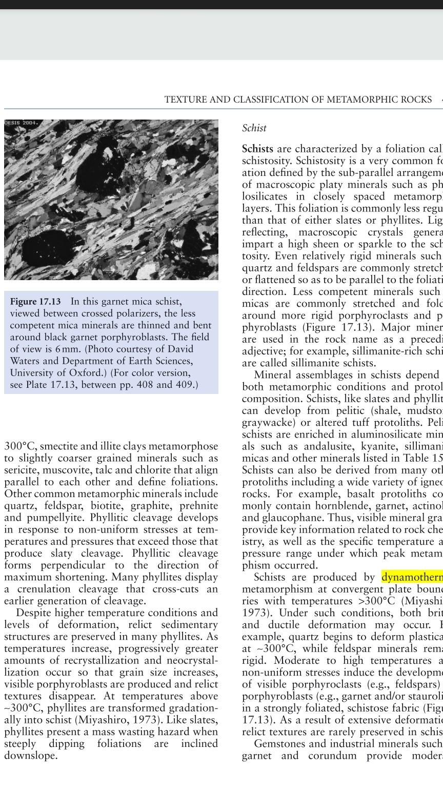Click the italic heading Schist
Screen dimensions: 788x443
(x=254, y=128)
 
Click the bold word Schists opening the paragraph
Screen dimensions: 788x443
(x=257, y=149)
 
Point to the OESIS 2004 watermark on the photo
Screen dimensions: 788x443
(x=21, y=123)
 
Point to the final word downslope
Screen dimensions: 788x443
(x=30, y=756)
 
